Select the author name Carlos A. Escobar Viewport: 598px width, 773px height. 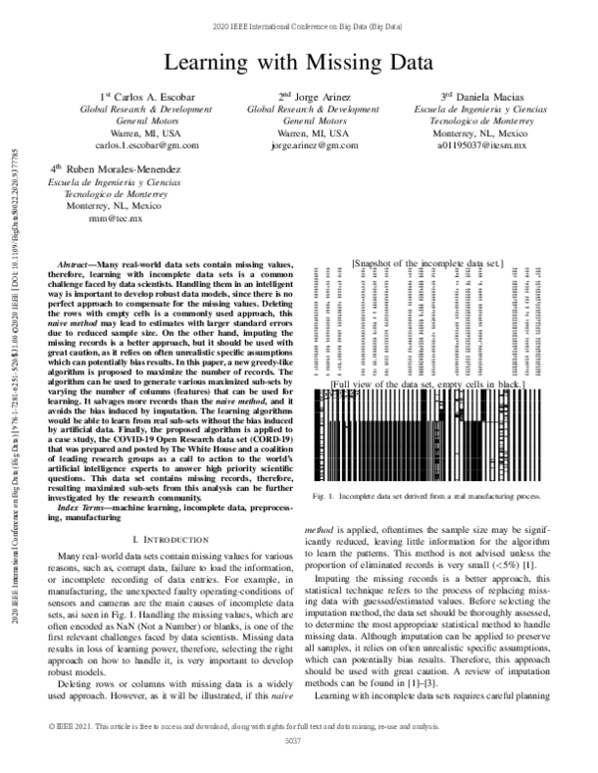click(x=126, y=96)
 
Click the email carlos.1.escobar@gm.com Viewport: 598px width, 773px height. click(x=125, y=145)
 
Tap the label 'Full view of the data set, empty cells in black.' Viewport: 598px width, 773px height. click(x=427, y=383)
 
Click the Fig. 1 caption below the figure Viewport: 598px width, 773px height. click(x=427, y=496)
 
